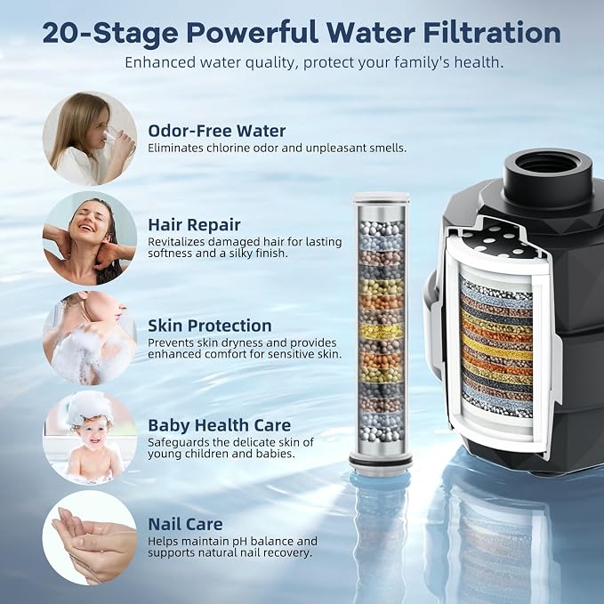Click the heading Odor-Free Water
216,131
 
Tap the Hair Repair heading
194,225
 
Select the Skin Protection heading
210,326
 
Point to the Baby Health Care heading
220,425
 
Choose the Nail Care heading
185,524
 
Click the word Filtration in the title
492,33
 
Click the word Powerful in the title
253,33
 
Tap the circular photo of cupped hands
90,537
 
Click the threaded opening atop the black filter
547,166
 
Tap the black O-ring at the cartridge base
381,460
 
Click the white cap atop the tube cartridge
381,197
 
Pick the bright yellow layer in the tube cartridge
381,332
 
